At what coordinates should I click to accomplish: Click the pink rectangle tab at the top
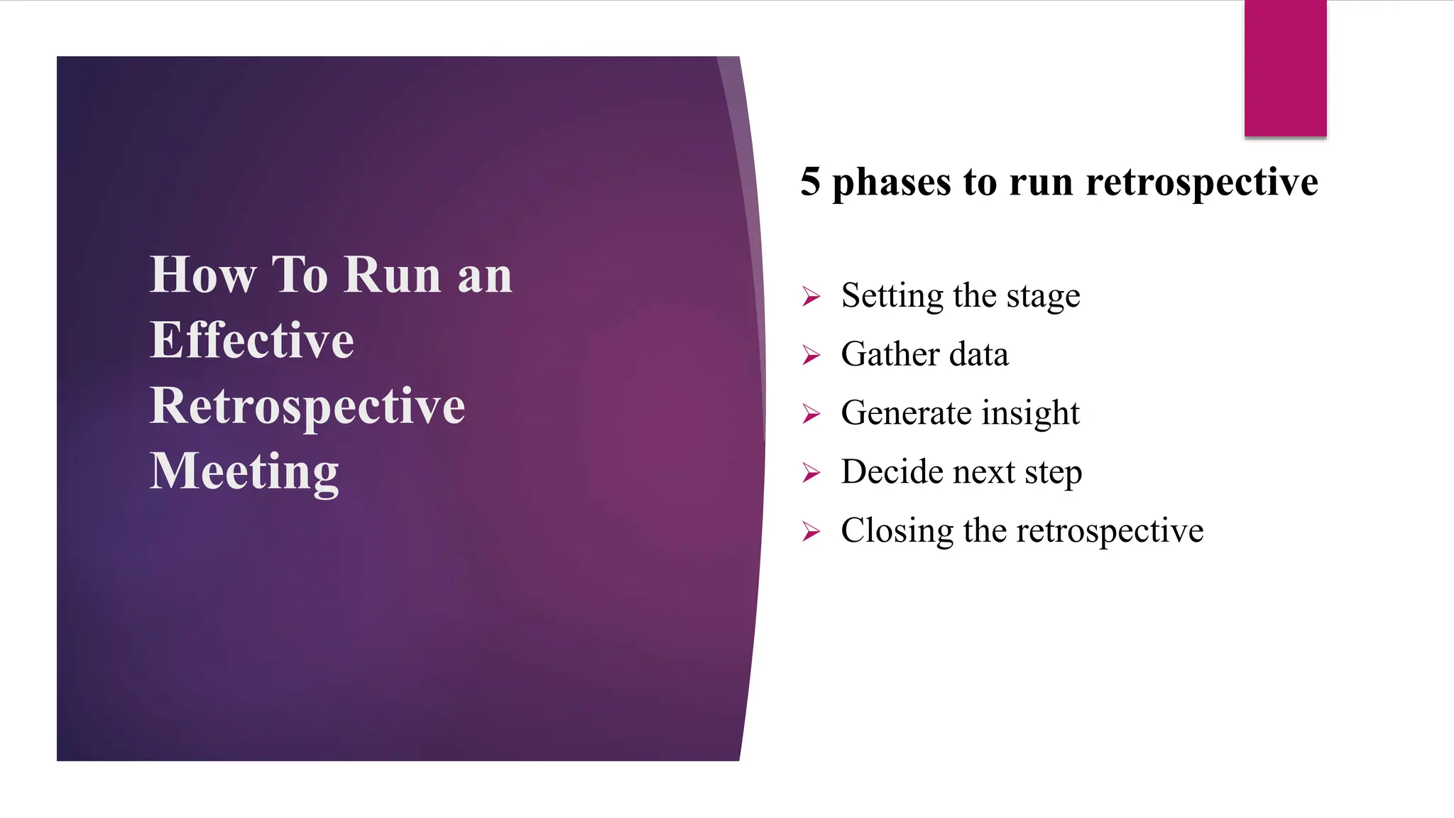(x=1285, y=68)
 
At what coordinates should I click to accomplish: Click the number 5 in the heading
(x=810, y=182)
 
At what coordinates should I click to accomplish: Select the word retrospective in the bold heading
(x=1201, y=183)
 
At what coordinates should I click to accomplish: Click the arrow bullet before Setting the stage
(x=811, y=296)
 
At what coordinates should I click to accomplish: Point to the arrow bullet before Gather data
(x=811, y=354)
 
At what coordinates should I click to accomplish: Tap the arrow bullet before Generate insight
(x=811, y=413)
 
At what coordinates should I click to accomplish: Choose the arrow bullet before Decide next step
(x=811, y=472)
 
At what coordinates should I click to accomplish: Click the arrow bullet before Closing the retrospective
(x=811, y=531)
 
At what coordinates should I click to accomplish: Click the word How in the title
(x=203, y=275)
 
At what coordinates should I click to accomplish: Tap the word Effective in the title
(x=251, y=340)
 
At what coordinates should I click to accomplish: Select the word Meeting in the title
(x=244, y=472)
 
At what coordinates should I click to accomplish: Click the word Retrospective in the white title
(x=307, y=407)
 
